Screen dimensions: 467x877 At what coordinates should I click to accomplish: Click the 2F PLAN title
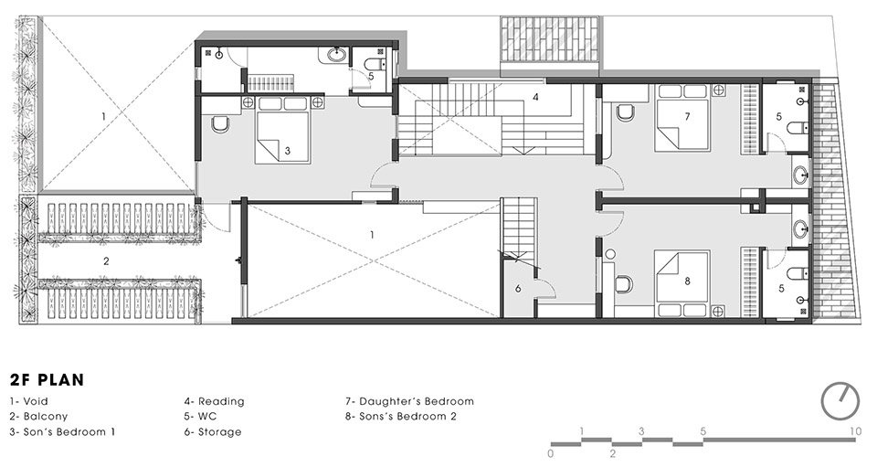[43, 379]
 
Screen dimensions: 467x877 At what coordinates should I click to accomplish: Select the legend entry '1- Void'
[28, 401]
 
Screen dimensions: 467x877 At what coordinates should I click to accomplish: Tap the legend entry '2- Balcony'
[36, 417]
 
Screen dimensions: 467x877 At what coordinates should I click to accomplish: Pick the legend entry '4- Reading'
[214, 401]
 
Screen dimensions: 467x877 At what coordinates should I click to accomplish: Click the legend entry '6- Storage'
[213, 432]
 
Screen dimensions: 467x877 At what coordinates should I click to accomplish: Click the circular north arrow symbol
[840, 399]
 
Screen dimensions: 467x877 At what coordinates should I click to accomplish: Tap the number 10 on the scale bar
[853, 430]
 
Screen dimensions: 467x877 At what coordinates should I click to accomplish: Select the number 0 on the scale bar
[551, 452]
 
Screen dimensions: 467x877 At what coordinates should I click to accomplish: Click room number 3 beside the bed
[287, 152]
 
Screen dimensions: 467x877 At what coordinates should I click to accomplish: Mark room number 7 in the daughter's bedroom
[686, 116]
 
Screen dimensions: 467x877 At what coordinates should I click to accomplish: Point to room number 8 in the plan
[686, 281]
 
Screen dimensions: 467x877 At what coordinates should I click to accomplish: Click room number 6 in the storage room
[518, 289]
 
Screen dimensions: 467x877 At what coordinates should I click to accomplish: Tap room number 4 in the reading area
[536, 96]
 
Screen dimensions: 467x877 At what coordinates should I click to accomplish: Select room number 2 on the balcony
[106, 261]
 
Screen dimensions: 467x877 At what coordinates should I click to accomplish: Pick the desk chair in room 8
[625, 283]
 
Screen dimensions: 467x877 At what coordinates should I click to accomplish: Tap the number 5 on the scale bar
[703, 430]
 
